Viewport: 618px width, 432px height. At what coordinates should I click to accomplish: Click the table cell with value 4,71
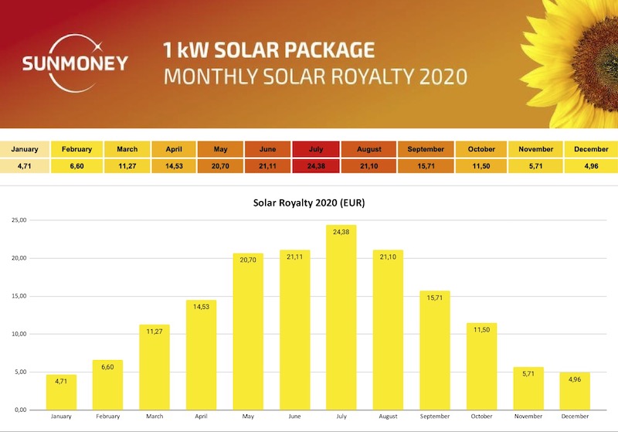click(x=25, y=165)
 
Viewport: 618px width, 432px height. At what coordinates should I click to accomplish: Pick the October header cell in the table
click(x=480, y=149)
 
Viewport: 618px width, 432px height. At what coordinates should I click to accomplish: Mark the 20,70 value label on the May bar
click(x=247, y=264)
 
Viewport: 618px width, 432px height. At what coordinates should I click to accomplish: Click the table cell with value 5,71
click(x=535, y=165)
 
